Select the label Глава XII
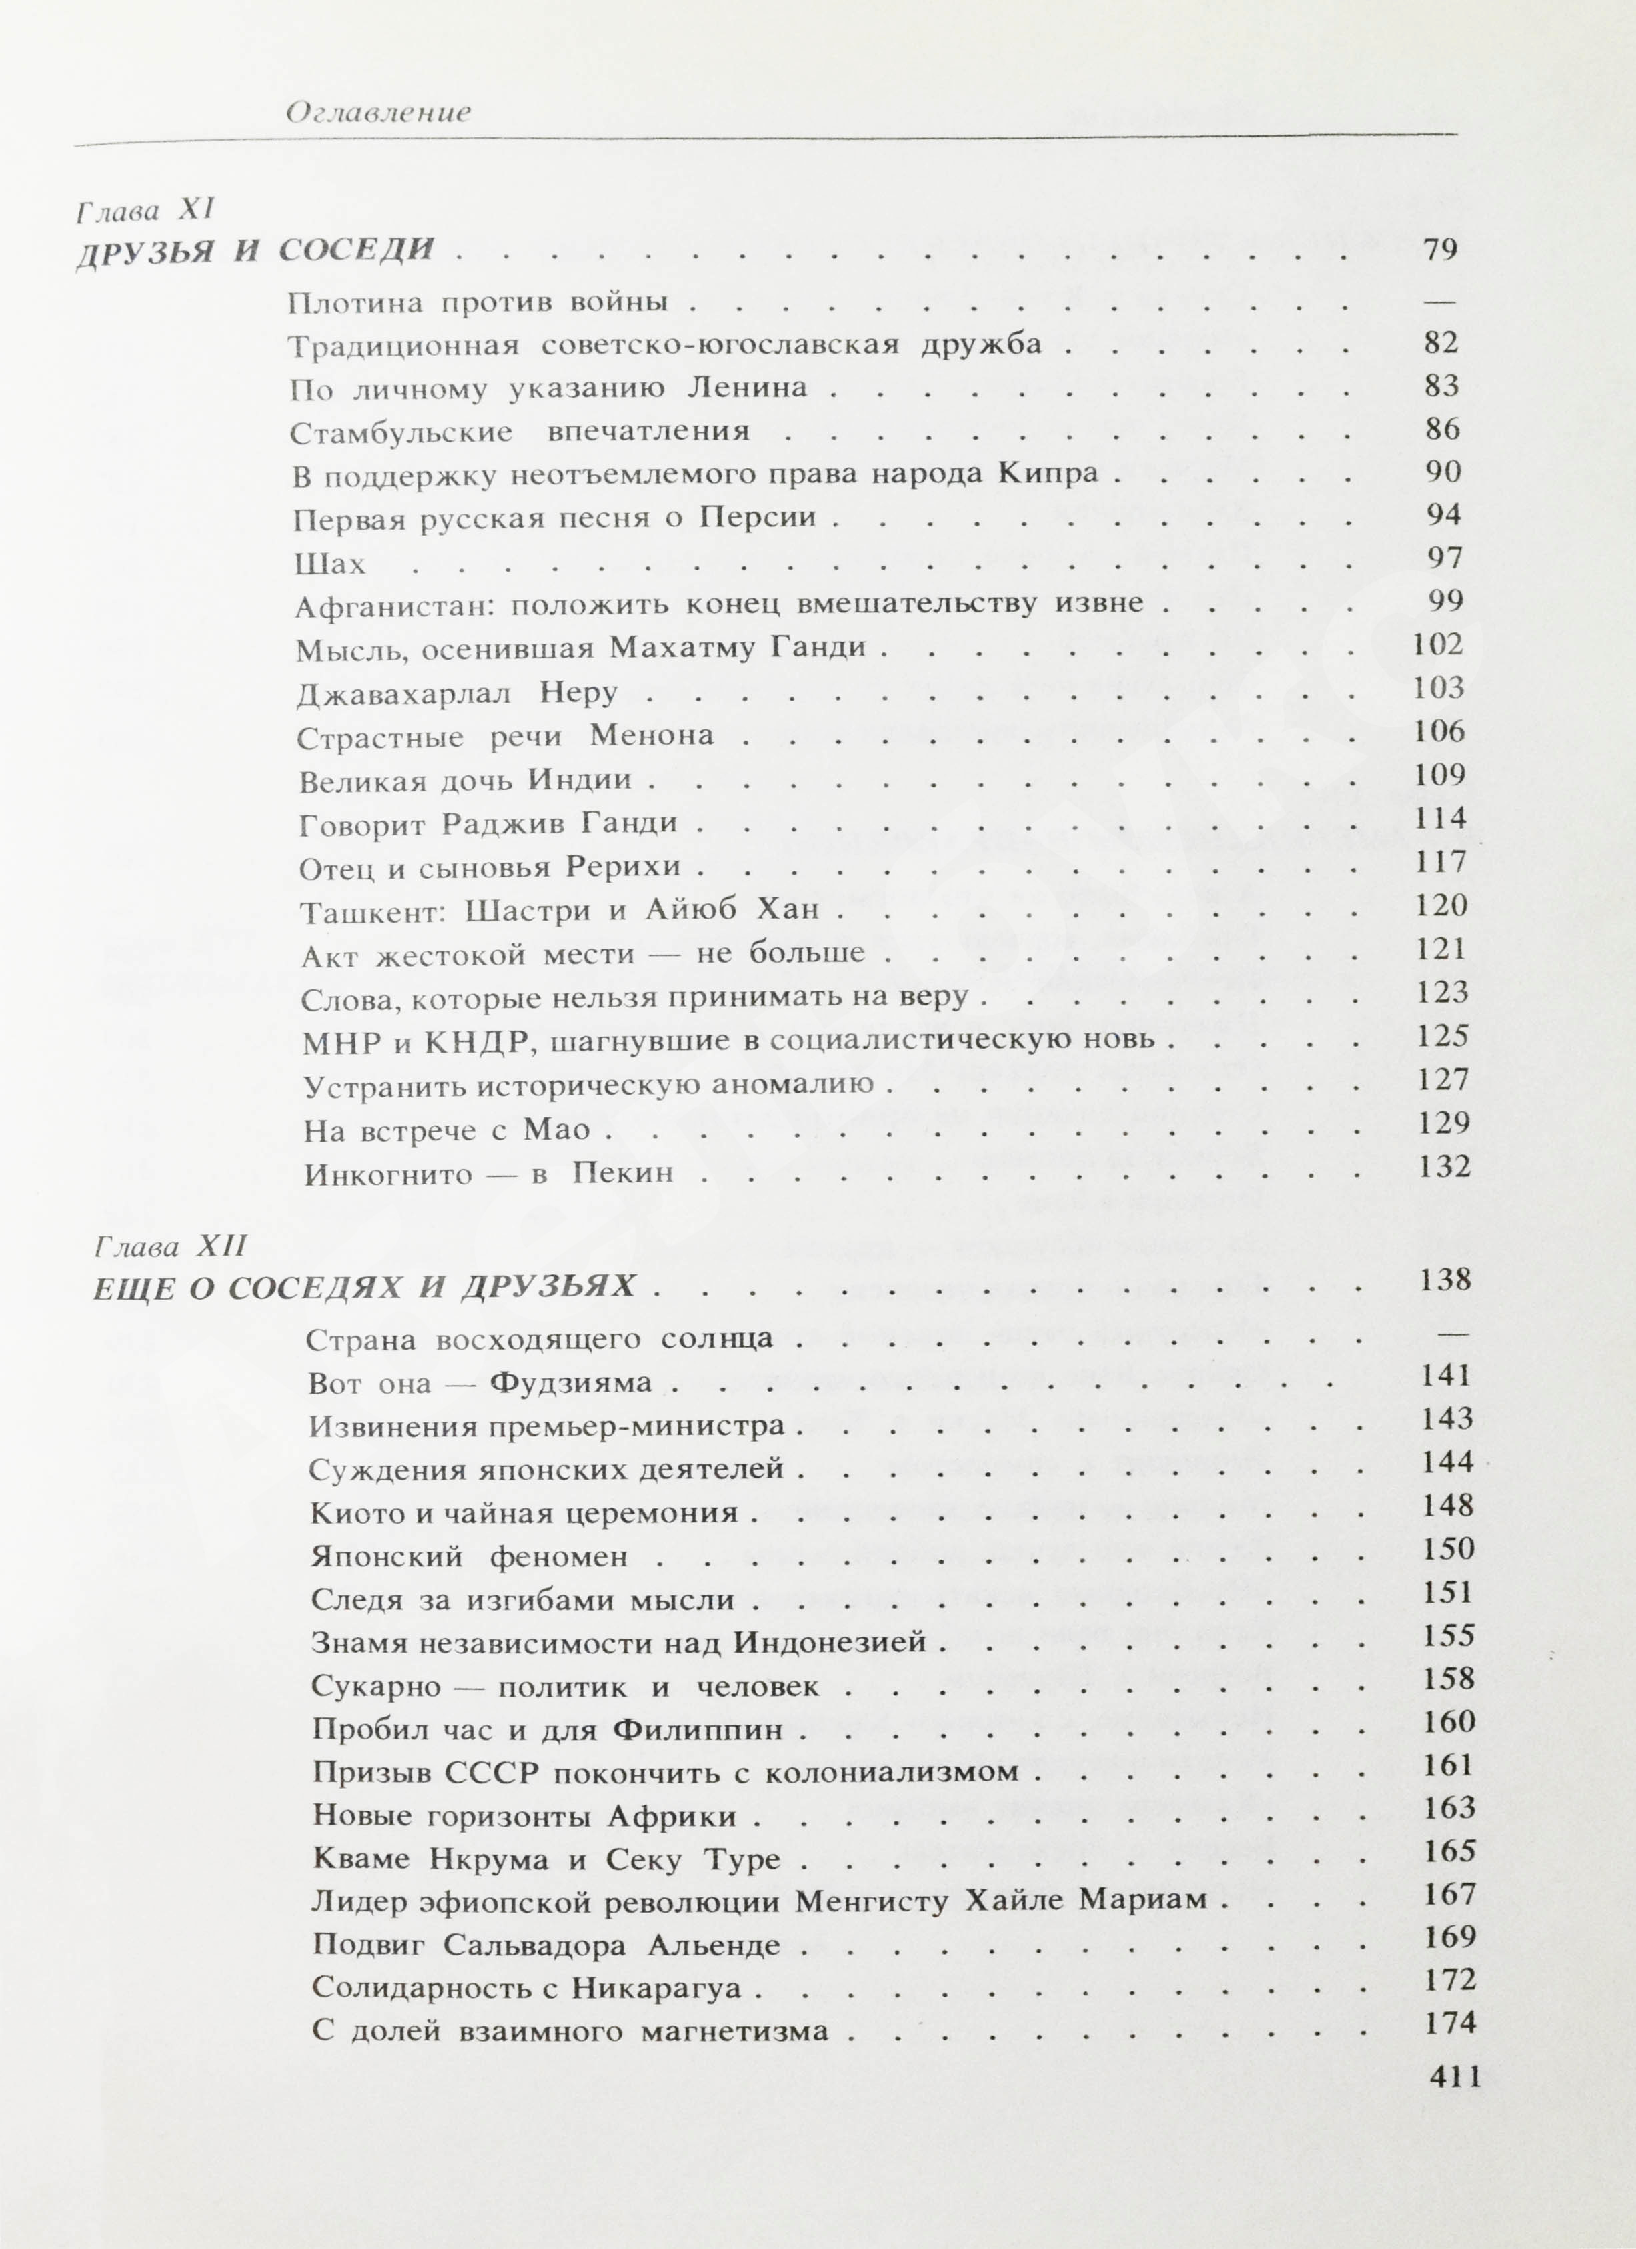point(169,1246)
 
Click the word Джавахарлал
point(403,692)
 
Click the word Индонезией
point(831,1642)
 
